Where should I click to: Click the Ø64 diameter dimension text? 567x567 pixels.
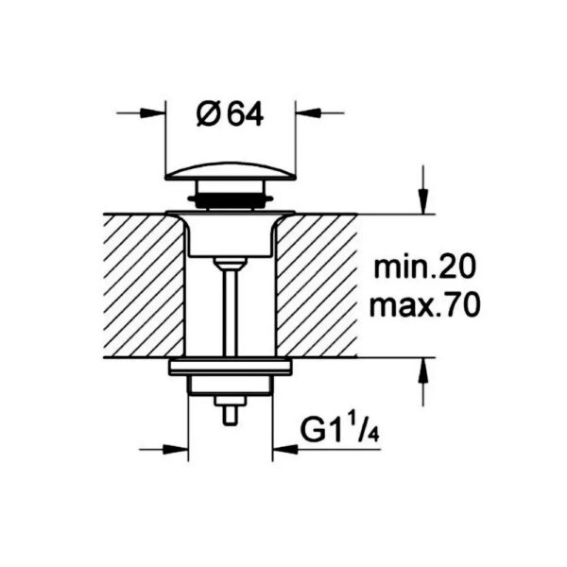(230, 114)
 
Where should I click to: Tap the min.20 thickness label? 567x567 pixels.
(424, 268)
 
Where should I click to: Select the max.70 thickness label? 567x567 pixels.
(425, 306)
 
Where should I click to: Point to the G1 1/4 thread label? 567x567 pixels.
(339, 430)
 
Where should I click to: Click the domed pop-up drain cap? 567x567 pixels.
(231, 171)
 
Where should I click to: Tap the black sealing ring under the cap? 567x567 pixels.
(231, 198)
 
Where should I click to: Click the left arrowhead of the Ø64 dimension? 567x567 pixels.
(152, 112)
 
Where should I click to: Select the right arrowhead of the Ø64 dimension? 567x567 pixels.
(308, 112)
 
